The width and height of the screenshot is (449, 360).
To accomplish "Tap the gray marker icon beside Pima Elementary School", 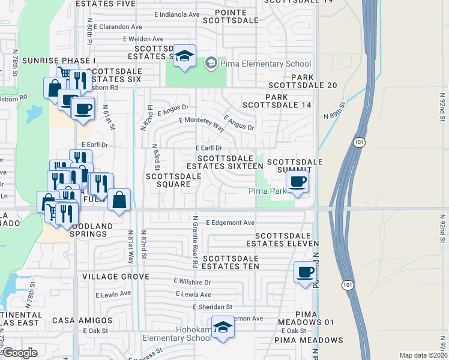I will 211,63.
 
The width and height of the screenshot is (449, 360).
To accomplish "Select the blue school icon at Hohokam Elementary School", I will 222,328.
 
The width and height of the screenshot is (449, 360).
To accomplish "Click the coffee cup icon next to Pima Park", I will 298,181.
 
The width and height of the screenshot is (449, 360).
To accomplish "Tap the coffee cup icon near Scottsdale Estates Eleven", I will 306,273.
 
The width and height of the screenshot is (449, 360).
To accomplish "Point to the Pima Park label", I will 268,191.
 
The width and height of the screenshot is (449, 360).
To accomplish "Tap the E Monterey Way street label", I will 201,124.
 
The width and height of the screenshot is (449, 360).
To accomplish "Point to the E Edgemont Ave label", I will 231,223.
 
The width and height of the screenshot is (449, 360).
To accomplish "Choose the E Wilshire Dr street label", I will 192,281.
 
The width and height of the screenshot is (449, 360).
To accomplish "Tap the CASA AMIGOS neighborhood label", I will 79,321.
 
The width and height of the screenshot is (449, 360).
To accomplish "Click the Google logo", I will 20,353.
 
